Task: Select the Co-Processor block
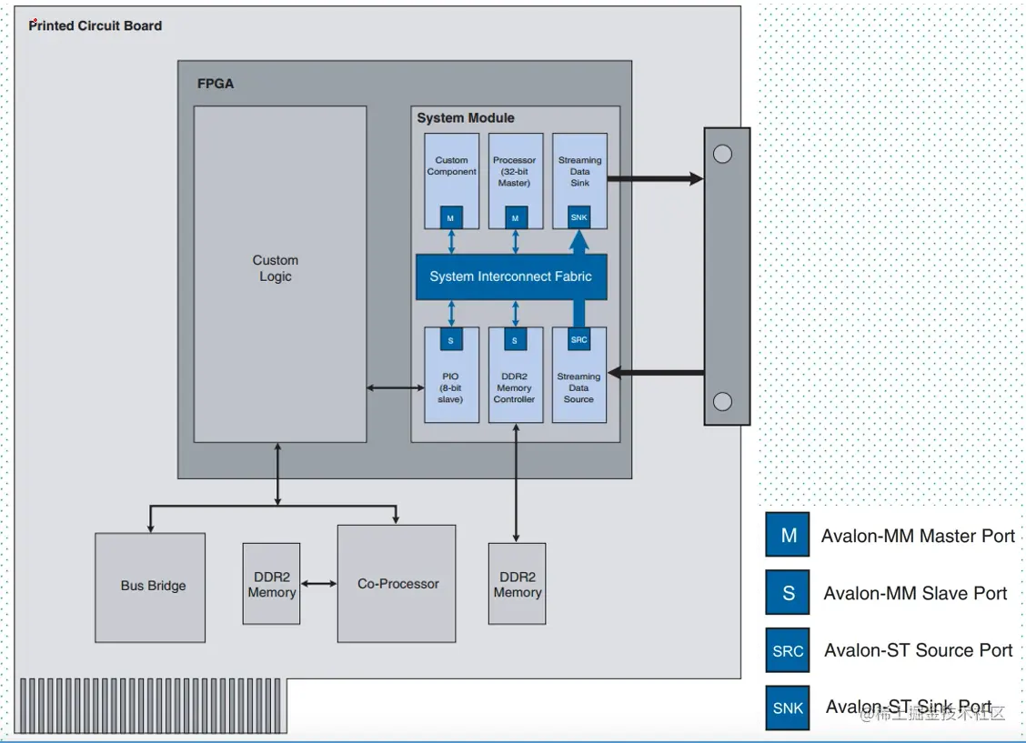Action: (397, 583)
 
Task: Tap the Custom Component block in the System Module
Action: (451, 168)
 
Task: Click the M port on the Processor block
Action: (515, 218)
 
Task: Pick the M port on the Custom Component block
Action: (451, 218)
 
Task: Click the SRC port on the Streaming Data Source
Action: (579, 340)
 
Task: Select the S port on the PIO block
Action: (451, 340)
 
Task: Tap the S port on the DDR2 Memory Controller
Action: (515, 340)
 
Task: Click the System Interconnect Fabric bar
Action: (510, 276)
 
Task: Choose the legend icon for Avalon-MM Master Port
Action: (788, 535)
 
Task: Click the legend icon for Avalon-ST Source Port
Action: (788, 650)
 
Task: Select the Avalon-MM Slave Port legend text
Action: (915, 594)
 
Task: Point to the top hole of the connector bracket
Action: (722, 154)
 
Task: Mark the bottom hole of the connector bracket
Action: (722, 401)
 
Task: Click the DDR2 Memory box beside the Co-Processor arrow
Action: (271, 584)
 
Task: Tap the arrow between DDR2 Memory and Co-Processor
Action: (318, 583)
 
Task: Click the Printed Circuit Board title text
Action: (96, 25)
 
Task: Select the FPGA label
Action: (216, 84)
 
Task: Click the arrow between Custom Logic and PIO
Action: (396, 388)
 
